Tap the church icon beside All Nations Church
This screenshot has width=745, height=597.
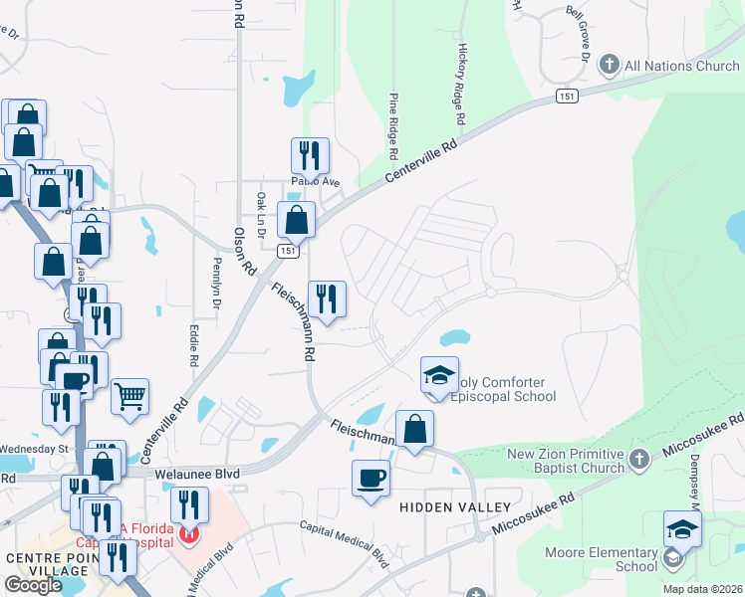click(610, 67)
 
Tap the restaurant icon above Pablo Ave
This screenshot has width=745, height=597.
click(310, 155)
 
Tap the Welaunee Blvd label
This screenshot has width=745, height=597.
click(198, 476)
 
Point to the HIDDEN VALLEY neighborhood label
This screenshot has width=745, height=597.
click(446, 506)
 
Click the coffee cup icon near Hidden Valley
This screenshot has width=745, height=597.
click(371, 478)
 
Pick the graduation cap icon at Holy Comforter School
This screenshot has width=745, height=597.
click(439, 375)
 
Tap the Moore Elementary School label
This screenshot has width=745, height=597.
click(601, 559)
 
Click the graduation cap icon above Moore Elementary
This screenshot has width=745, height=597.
click(682, 528)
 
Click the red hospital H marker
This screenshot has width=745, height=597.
click(189, 535)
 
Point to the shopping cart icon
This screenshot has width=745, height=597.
click(130, 397)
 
